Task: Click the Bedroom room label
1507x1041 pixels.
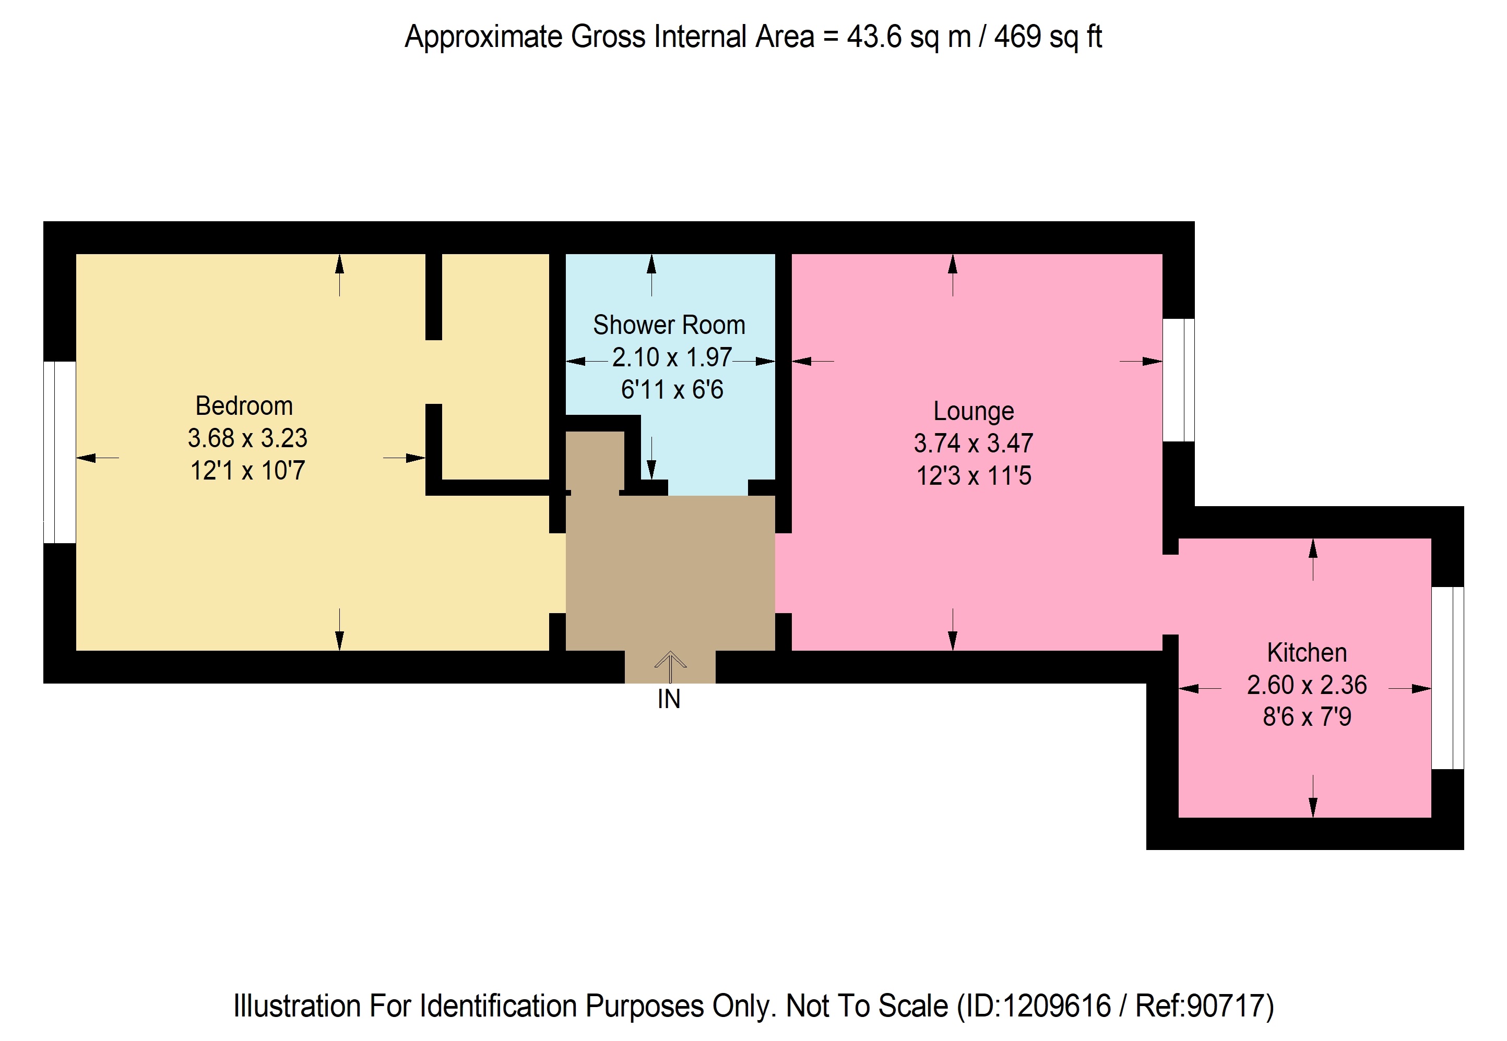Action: [x=244, y=406]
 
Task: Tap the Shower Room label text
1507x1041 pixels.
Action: [x=669, y=325]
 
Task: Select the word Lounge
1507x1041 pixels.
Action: [x=974, y=412]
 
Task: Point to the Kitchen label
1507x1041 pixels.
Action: [x=1307, y=652]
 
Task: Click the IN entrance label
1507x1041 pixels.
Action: [x=669, y=699]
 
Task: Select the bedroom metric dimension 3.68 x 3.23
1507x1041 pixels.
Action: [x=247, y=438]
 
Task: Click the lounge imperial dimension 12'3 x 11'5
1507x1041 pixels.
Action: [x=974, y=475]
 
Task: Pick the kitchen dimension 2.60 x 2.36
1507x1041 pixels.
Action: [x=1307, y=685]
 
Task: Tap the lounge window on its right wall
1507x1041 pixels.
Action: [x=1179, y=380]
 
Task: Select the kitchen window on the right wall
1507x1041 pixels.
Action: [x=1447, y=678]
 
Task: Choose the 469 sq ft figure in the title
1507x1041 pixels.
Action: [x=1048, y=37]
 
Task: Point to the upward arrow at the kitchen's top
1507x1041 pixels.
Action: [x=1313, y=559]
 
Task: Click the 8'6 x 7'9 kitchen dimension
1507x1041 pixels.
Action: [x=1307, y=717]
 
